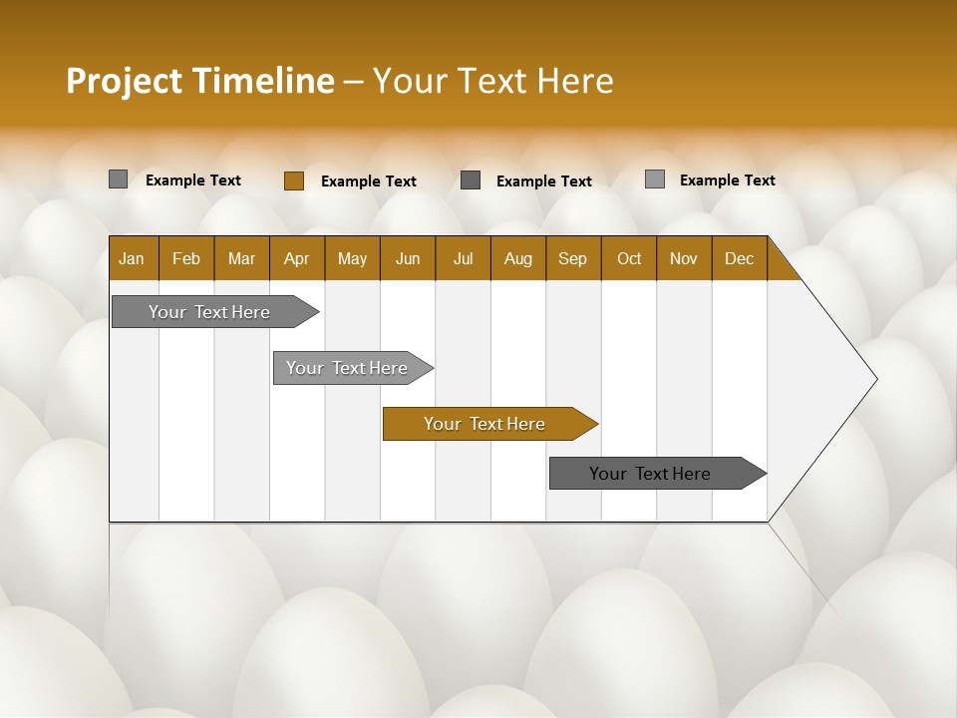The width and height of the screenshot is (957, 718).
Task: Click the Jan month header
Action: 132,258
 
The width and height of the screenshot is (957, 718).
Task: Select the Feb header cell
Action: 186,258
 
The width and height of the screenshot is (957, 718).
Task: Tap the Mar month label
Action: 241,258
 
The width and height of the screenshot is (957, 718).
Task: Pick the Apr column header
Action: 296,258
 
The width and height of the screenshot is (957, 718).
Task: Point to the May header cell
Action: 352,258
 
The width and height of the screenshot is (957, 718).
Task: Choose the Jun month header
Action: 408,258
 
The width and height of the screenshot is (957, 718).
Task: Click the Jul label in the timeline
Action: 463,258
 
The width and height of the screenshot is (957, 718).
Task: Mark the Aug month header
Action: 517,258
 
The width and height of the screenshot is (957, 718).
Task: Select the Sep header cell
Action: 572,258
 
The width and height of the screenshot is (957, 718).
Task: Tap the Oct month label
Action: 629,258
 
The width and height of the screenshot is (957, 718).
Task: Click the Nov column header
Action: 684,258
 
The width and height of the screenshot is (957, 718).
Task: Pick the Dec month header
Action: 739,258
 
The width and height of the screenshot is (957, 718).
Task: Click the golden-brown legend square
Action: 293,180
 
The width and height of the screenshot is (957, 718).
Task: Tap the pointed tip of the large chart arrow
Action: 874,379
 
